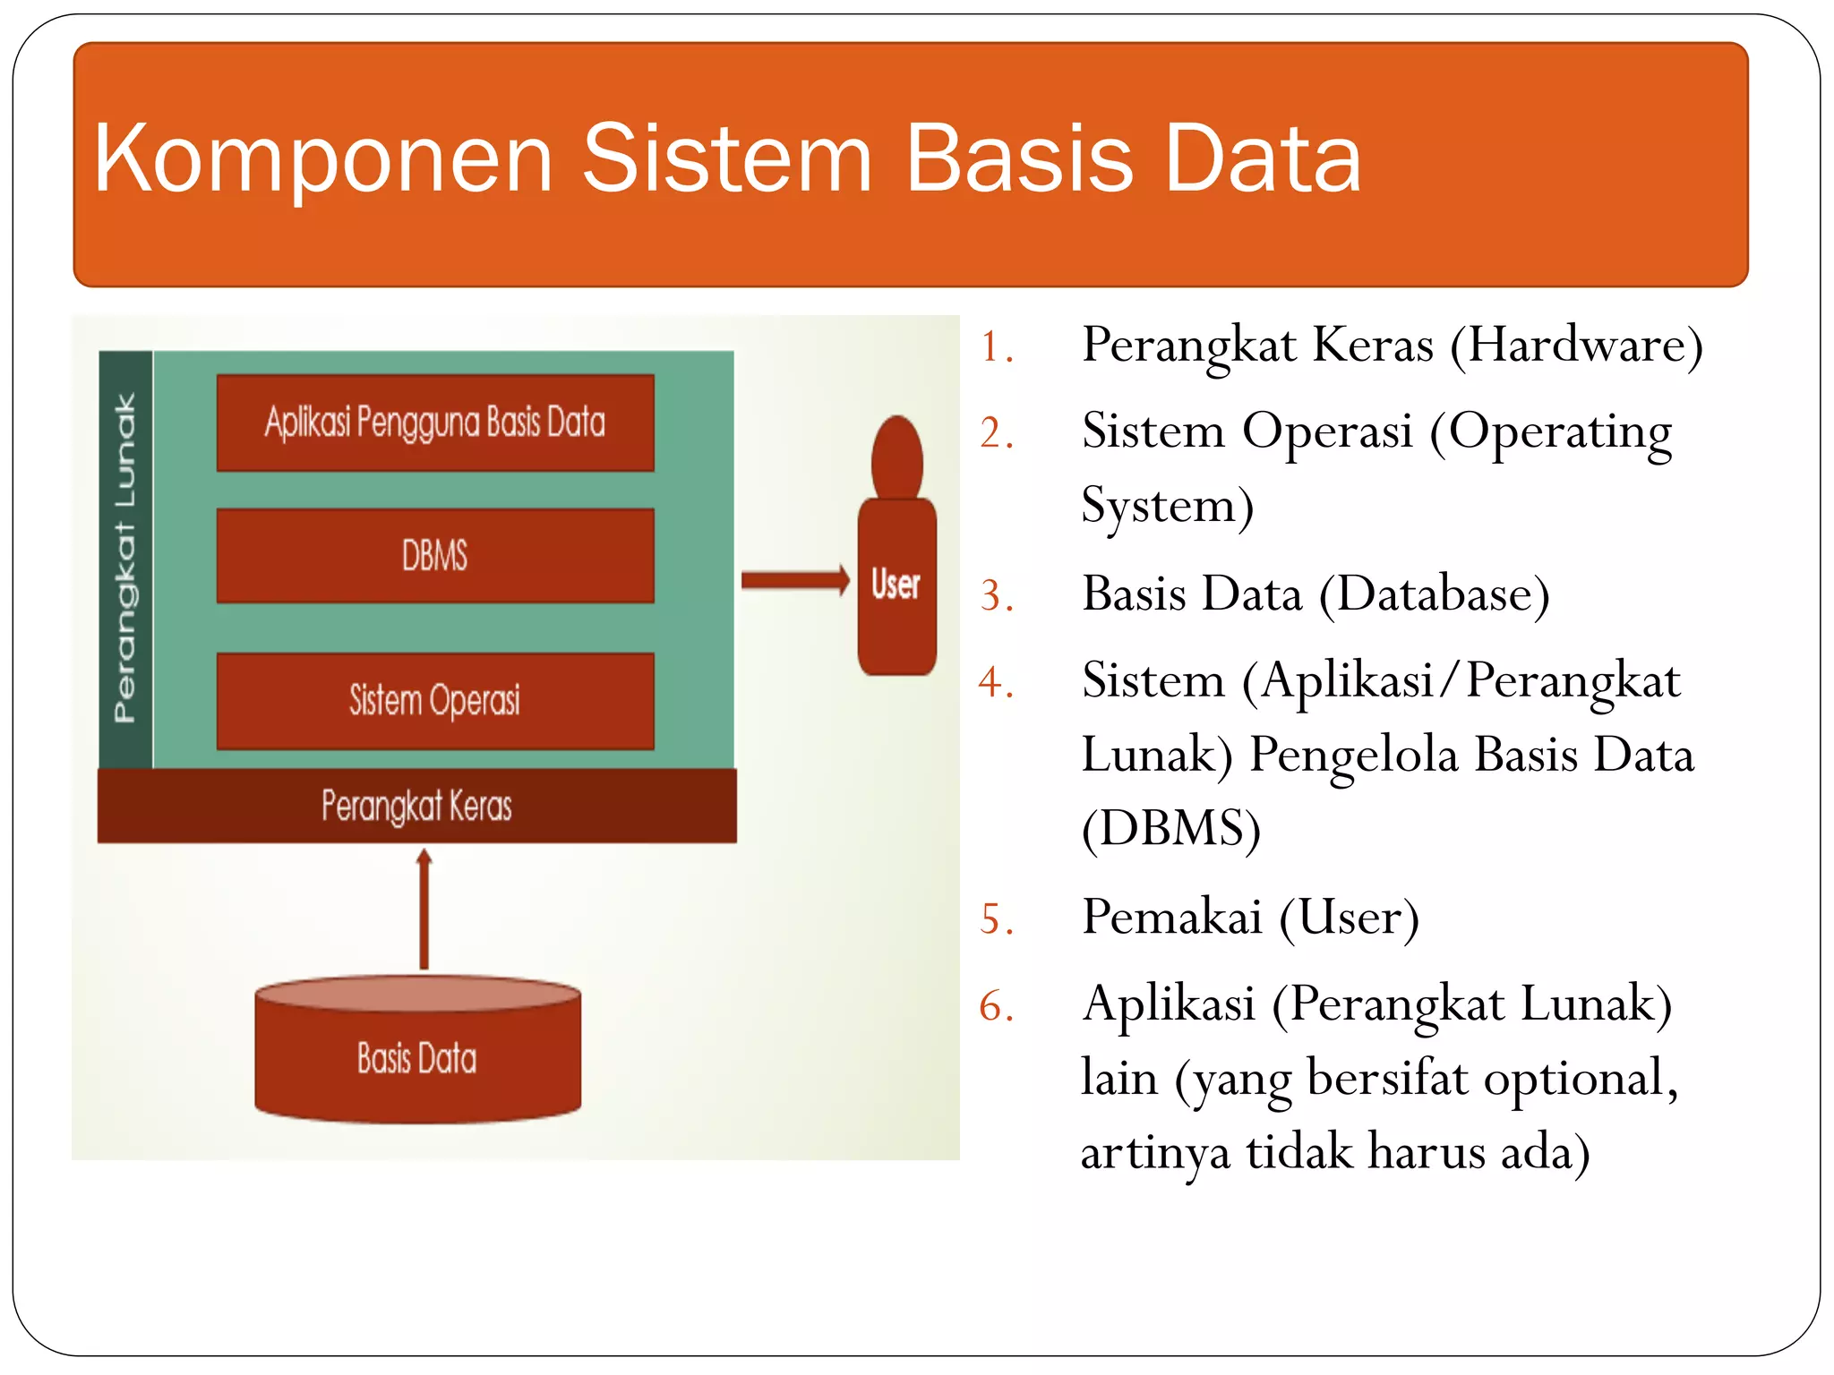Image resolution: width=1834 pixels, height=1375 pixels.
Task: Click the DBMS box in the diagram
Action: (435, 556)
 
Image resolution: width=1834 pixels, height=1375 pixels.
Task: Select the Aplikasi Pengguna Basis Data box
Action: (435, 423)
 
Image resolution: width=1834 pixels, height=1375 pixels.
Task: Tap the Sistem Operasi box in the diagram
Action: (435, 701)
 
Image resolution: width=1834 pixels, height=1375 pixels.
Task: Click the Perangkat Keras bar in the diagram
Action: (417, 806)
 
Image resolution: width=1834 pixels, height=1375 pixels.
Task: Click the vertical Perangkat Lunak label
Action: (125, 559)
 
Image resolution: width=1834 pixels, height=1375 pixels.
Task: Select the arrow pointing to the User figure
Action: (795, 580)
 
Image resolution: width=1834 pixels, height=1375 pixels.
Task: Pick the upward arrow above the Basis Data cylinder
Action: (424, 909)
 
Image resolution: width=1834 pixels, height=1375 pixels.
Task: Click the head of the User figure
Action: (896, 457)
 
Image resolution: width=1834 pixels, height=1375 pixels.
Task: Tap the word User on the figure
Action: (896, 585)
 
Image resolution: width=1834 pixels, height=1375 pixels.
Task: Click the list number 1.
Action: (996, 347)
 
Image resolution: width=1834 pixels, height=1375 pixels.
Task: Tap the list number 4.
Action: (996, 683)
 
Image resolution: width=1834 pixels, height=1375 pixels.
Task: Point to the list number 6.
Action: (996, 1006)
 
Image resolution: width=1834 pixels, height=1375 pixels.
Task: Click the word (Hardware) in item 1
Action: (1576, 346)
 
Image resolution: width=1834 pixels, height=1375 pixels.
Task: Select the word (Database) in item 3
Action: (1435, 594)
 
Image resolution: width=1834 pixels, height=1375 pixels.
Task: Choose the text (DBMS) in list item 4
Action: (1171, 829)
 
